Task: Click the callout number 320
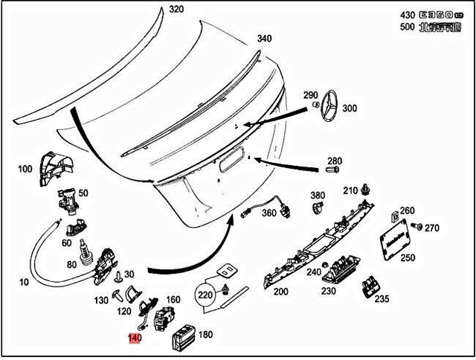[176, 10]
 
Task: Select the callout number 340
[265, 39]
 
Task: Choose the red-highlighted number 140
[135, 338]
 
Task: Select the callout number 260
[407, 210]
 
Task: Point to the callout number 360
[269, 213]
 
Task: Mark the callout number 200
[280, 292]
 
